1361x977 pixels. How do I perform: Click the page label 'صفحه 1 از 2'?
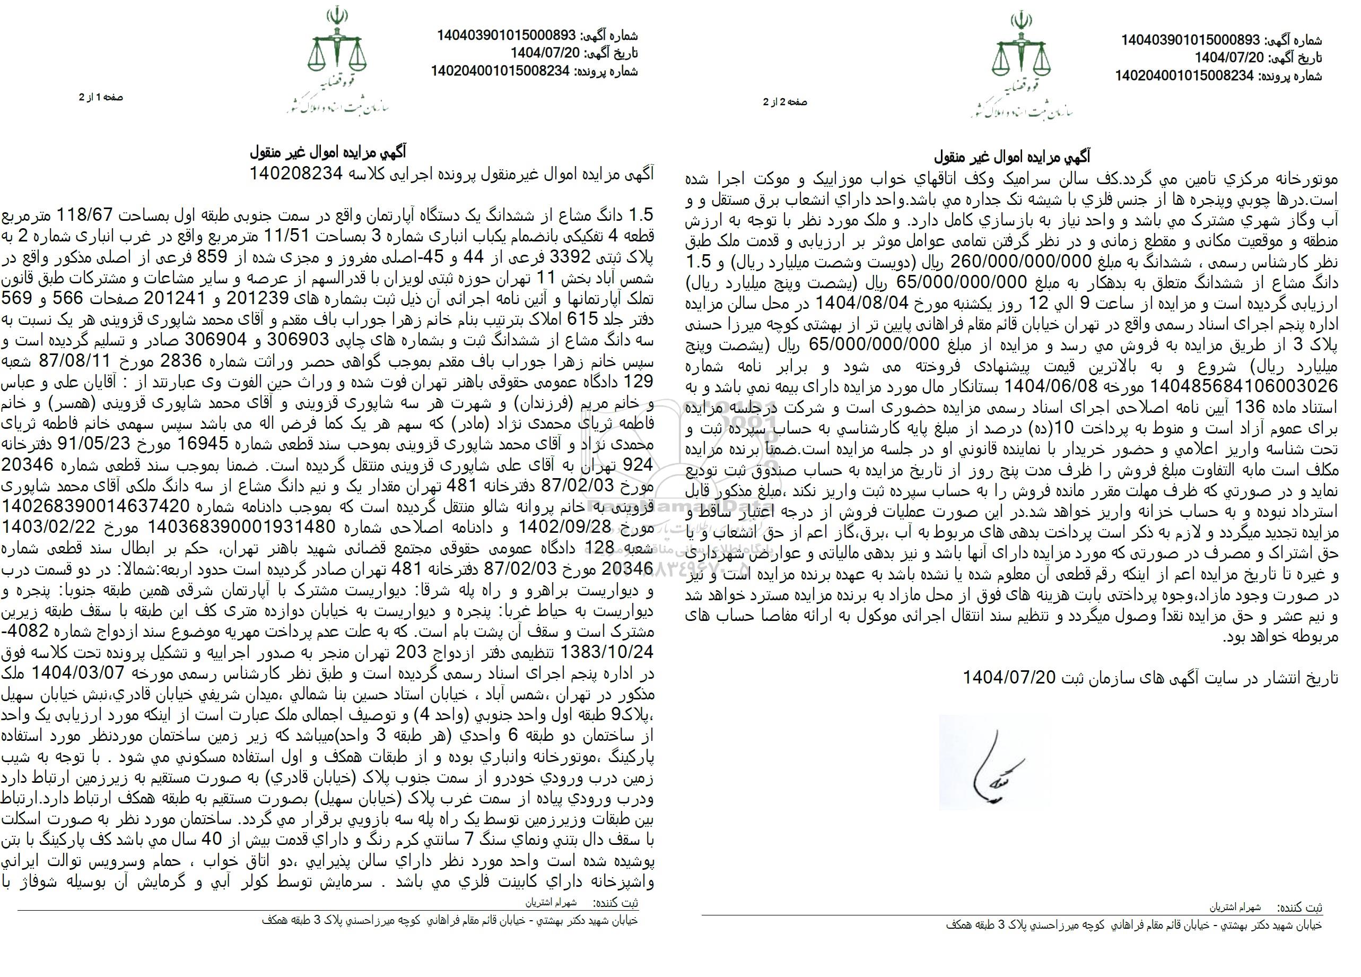coord(100,97)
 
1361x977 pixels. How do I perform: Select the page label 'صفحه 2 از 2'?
coord(785,102)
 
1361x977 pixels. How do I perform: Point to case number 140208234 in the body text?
coord(296,174)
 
